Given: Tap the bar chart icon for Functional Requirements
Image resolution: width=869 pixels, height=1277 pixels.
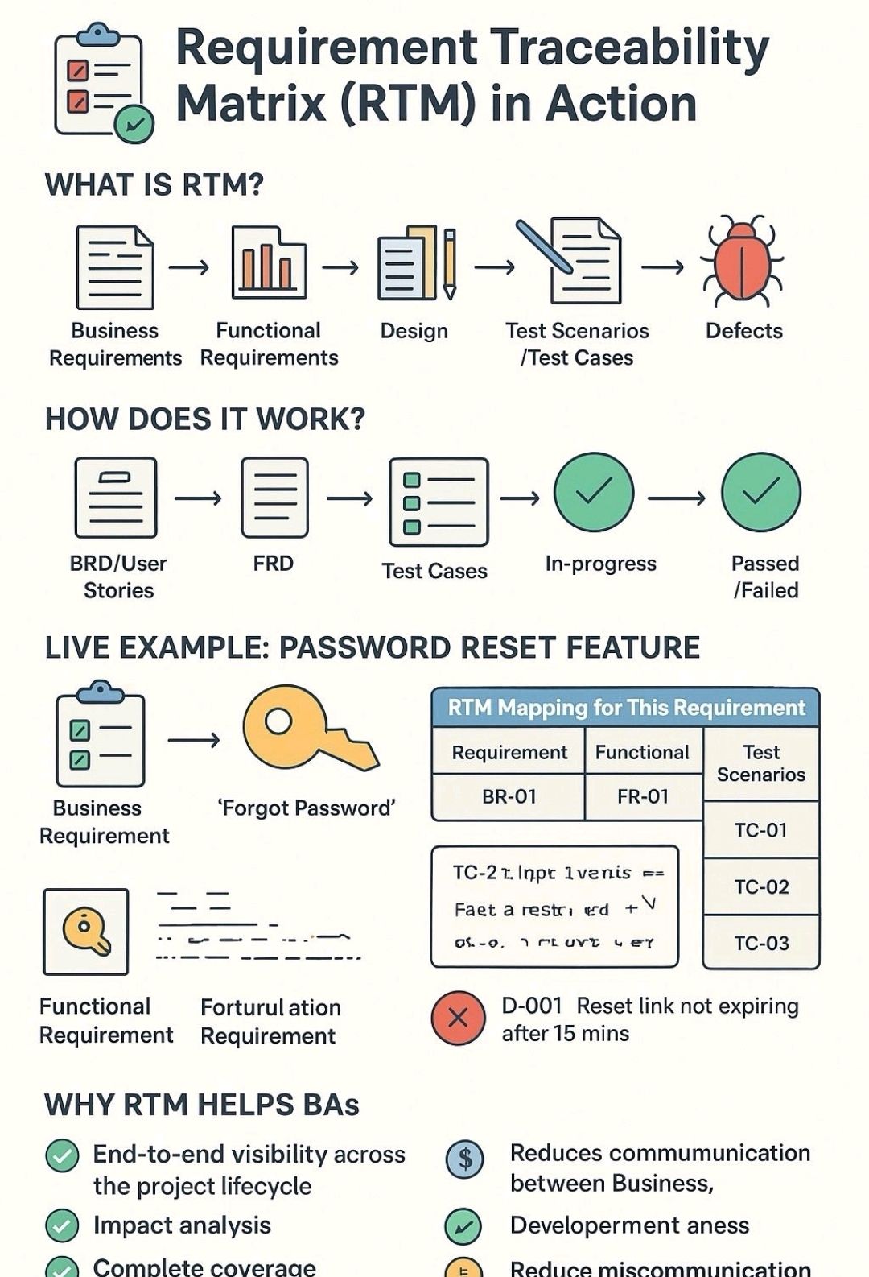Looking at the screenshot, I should (x=268, y=263).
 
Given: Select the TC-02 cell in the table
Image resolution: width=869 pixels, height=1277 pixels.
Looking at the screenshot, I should (x=761, y=886).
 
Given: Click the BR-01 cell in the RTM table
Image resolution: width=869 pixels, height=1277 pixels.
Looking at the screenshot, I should (x=509, y=796).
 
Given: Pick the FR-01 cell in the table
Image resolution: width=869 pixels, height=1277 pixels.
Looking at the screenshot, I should (x=643, y=796).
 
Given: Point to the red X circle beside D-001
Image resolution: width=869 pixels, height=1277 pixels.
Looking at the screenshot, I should (x=458, y=1019).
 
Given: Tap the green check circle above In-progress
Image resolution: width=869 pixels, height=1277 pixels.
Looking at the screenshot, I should (x=594, y=493).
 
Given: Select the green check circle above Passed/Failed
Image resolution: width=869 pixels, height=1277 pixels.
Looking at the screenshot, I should (x=761, y=493).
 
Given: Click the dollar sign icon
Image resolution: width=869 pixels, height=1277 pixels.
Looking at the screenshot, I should (x=464, y=1159).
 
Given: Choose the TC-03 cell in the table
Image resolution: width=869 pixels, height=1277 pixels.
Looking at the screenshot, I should (x=761, y=943).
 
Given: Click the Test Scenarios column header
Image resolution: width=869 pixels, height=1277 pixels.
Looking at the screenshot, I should (x=761, y=763).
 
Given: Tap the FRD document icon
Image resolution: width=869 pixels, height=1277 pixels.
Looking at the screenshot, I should (x=274, y=498).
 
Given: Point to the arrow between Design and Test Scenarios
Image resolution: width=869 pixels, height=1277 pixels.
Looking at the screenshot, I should (x=494, y=267).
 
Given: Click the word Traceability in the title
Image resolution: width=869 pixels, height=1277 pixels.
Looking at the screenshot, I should (x=630, y=48).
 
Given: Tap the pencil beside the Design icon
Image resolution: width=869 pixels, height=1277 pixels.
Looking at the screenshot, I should (x=450, y=262).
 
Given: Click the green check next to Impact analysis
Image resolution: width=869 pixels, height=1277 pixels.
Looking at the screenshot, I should (x=62, y=1226).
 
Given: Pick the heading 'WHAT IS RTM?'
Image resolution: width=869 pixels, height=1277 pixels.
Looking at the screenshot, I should (x=154, y=185).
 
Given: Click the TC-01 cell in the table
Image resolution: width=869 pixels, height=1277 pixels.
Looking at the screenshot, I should (x=761, y=830).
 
